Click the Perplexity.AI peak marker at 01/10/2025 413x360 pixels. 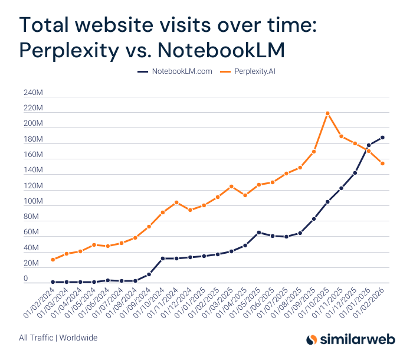[327, 113]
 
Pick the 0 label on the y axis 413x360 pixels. [25, 279]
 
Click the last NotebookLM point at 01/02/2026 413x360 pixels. [382, 138]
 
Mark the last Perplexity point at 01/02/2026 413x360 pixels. [382, 163]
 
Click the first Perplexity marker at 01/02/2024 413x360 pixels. [53, 260]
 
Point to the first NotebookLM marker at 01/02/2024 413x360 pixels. [53, 282]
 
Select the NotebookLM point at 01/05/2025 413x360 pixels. [259, 233]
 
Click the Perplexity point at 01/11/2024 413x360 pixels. [176, 202]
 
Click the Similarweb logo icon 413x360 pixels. [313, 339]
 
